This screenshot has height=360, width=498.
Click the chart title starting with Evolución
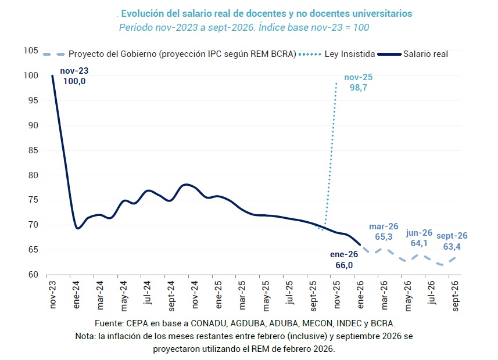(x=267, y=13)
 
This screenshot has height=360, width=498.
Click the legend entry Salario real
(x=425, y=54)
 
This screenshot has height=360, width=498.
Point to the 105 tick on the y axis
(x=31, y=51)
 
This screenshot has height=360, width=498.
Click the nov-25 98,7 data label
(x=358, y=82)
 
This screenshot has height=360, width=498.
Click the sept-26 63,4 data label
(x=453, y=240)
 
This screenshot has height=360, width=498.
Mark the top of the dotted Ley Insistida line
(x=336, y=83)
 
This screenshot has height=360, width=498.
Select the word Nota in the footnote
(x=85, y=336)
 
